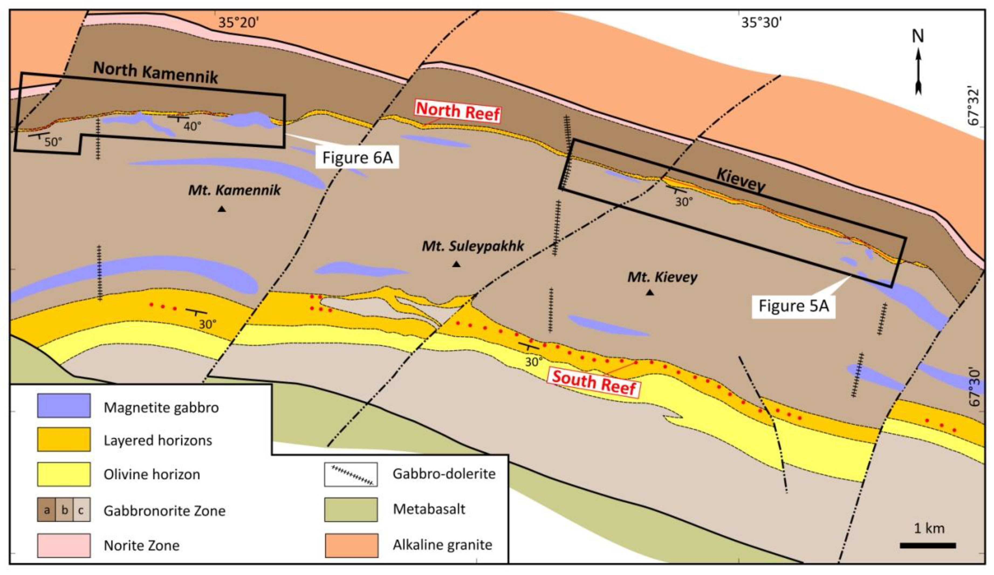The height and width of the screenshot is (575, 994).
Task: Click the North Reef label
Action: click(x=458, y=111)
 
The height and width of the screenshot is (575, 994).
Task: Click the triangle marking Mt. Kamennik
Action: click(x=222, y=209)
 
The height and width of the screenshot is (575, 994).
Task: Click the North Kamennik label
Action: click(x=155, y=72)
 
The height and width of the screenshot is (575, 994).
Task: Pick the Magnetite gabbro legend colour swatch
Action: click(x=64, y=405)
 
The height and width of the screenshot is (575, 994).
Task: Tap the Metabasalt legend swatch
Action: click(x=351, y=509)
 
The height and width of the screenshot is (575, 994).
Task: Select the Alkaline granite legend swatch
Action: click(x=351, y=545)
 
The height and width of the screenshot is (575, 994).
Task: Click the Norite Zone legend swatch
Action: click(x=64, y=545)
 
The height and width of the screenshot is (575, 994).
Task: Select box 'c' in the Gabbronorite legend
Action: click(x=81, y=510)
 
